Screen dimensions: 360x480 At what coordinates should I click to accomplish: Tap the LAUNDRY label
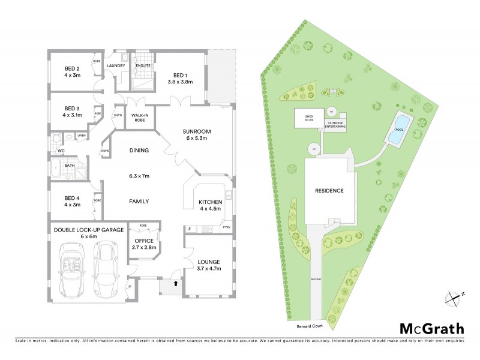pos(115,66)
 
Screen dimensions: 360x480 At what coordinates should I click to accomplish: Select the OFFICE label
pos(143,243)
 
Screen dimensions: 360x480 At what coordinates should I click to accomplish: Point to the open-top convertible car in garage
pos(74,265)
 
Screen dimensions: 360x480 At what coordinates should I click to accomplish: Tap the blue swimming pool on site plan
pos(397,130)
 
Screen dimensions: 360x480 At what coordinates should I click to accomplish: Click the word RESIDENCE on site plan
pos(329,191)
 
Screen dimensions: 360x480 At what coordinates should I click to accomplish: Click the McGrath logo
pos(431,328)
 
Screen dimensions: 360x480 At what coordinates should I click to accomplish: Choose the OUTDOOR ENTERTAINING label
pos(335,125)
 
